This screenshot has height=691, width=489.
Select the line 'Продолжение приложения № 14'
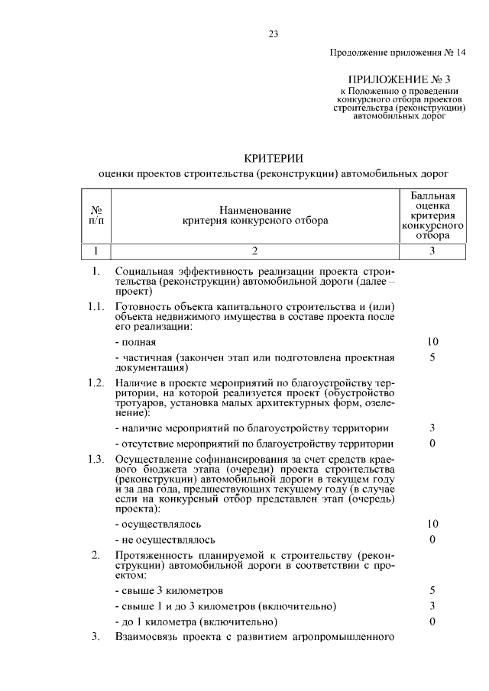pos(397,53)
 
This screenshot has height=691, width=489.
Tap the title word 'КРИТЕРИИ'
pos(273,158)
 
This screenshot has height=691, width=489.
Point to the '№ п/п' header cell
pos(97,215)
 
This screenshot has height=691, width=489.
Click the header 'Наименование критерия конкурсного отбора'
pos(255,215)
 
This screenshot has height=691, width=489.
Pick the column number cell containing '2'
pos(255,250)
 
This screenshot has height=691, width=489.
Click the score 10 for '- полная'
pos(432,341)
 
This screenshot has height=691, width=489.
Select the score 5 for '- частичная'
pos(432,357)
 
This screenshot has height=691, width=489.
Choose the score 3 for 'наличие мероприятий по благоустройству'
pos(432,428)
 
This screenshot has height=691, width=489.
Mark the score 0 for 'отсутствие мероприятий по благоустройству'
pos(432,444)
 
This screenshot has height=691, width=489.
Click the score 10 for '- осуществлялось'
pos(432,525)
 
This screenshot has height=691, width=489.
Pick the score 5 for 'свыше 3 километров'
pos(432,590)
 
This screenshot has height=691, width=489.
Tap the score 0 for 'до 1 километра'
pos(432,622)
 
